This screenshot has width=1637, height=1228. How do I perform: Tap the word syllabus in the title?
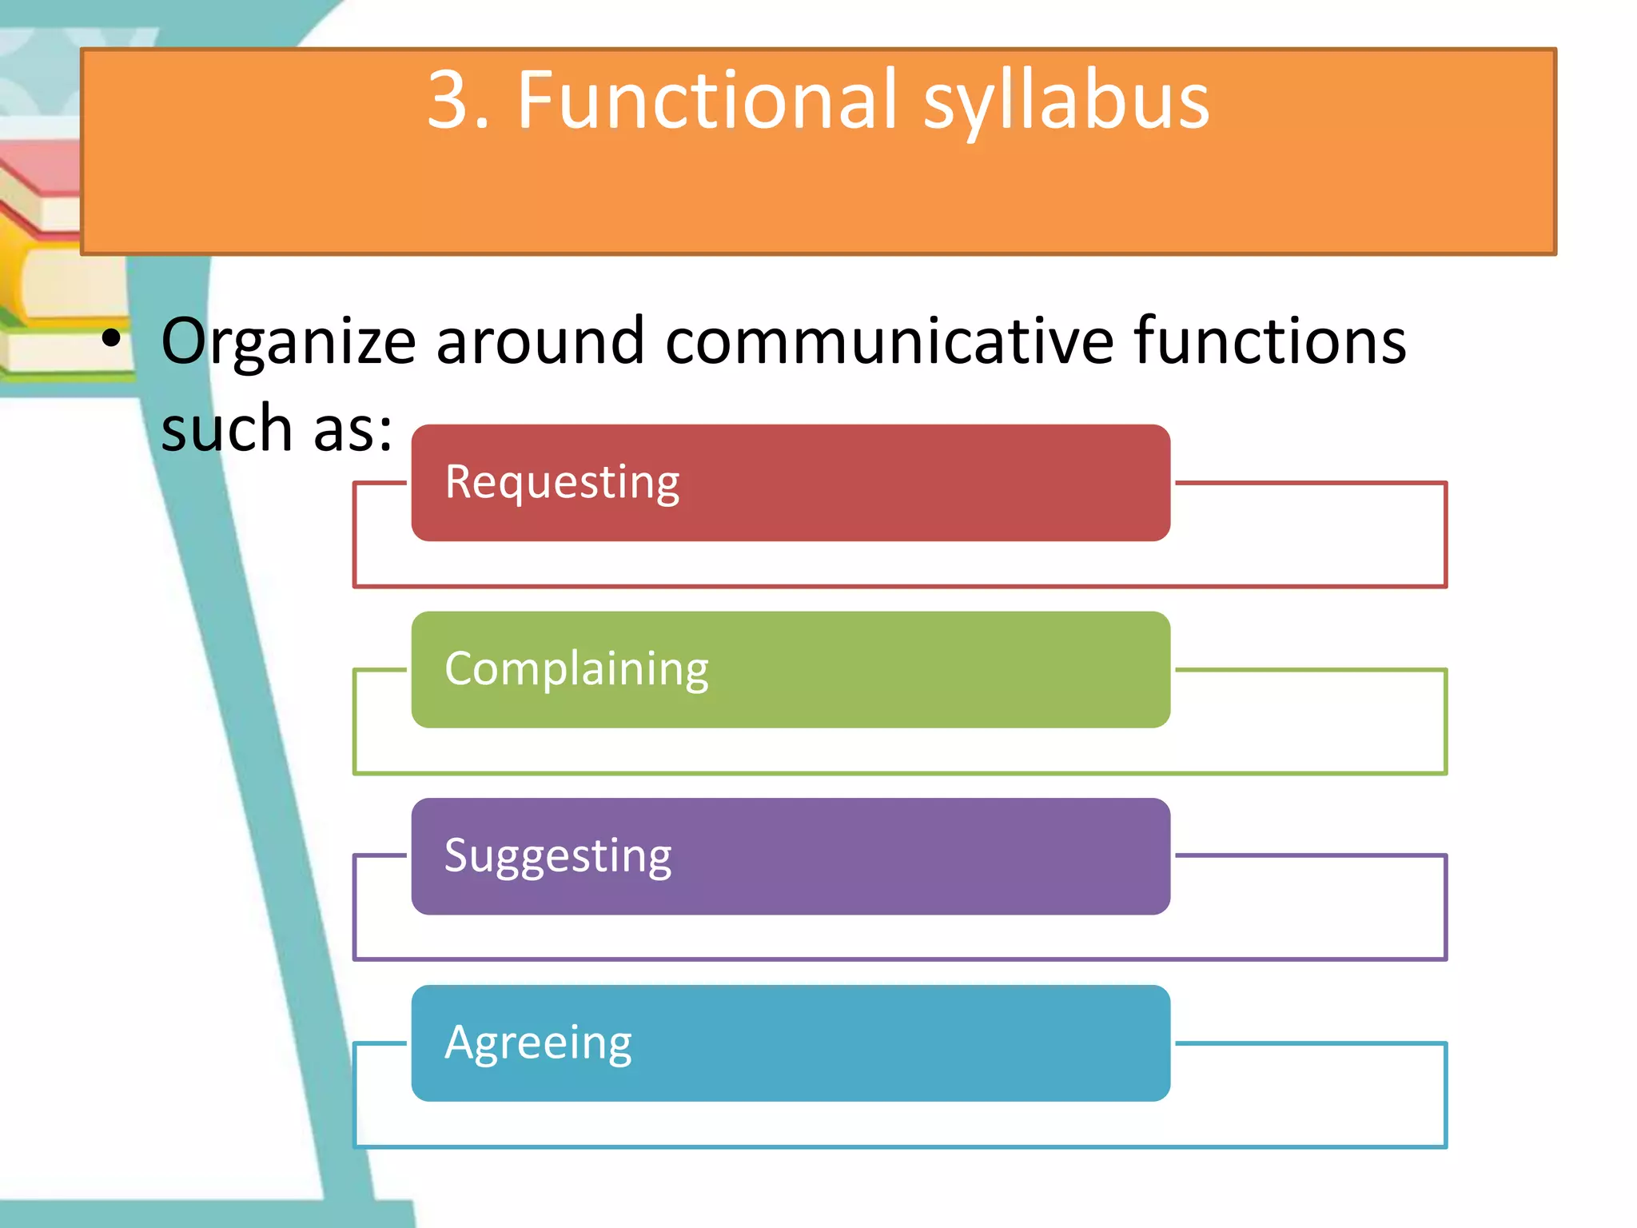[x=1066, y=104]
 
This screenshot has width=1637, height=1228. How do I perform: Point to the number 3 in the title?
[x=448, y=100]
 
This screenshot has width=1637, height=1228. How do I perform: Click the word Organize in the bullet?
[x=289, y=342]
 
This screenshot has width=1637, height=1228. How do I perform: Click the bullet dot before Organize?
[x=112, y=339]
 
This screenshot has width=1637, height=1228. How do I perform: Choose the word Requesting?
[x=562, y=482]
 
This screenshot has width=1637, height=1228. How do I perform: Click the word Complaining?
[x=576, y=669]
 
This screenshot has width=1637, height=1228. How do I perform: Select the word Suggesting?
[x=558, y=856]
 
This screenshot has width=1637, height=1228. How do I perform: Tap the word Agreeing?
[x=538, y=1043]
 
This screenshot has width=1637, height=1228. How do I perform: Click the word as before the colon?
[x=352, y=429]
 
